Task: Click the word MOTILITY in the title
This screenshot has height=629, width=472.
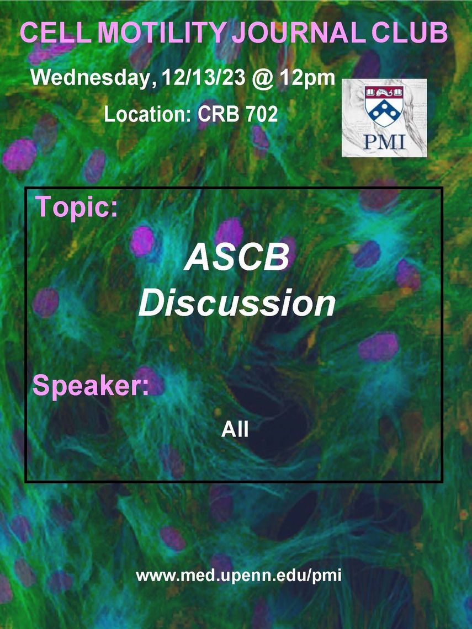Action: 164,33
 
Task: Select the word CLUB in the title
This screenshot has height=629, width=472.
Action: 409,33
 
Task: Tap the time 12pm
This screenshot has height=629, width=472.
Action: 307,78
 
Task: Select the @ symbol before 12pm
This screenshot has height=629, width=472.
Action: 263,78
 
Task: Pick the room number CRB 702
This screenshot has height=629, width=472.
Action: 237,114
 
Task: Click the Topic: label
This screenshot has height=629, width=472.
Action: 77,207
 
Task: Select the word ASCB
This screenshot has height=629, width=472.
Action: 237,257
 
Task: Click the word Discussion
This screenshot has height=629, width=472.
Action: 237,303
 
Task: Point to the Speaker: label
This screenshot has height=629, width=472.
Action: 91,386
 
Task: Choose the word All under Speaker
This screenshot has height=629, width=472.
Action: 235,430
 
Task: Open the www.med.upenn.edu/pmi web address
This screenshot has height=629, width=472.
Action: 238,576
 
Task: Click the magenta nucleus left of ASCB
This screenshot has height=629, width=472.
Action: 142,241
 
